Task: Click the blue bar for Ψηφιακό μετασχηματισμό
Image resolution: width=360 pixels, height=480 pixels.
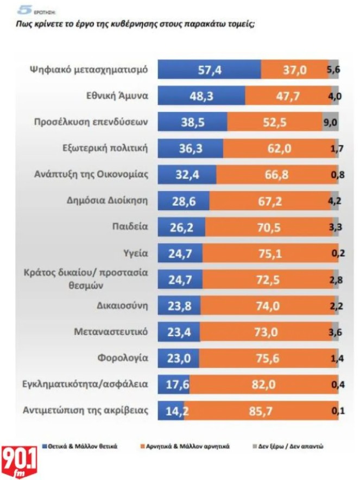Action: (209, 70)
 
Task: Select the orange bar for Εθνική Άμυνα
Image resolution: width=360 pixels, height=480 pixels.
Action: (288, 96)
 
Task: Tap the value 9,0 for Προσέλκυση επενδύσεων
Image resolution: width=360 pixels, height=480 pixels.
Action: (330, 123)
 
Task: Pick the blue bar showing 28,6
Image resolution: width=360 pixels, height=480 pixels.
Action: (183, 201)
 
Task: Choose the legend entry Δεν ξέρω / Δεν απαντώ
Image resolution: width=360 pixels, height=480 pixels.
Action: (299, 446)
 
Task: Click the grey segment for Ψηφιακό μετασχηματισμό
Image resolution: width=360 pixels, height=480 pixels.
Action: (333, 70)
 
